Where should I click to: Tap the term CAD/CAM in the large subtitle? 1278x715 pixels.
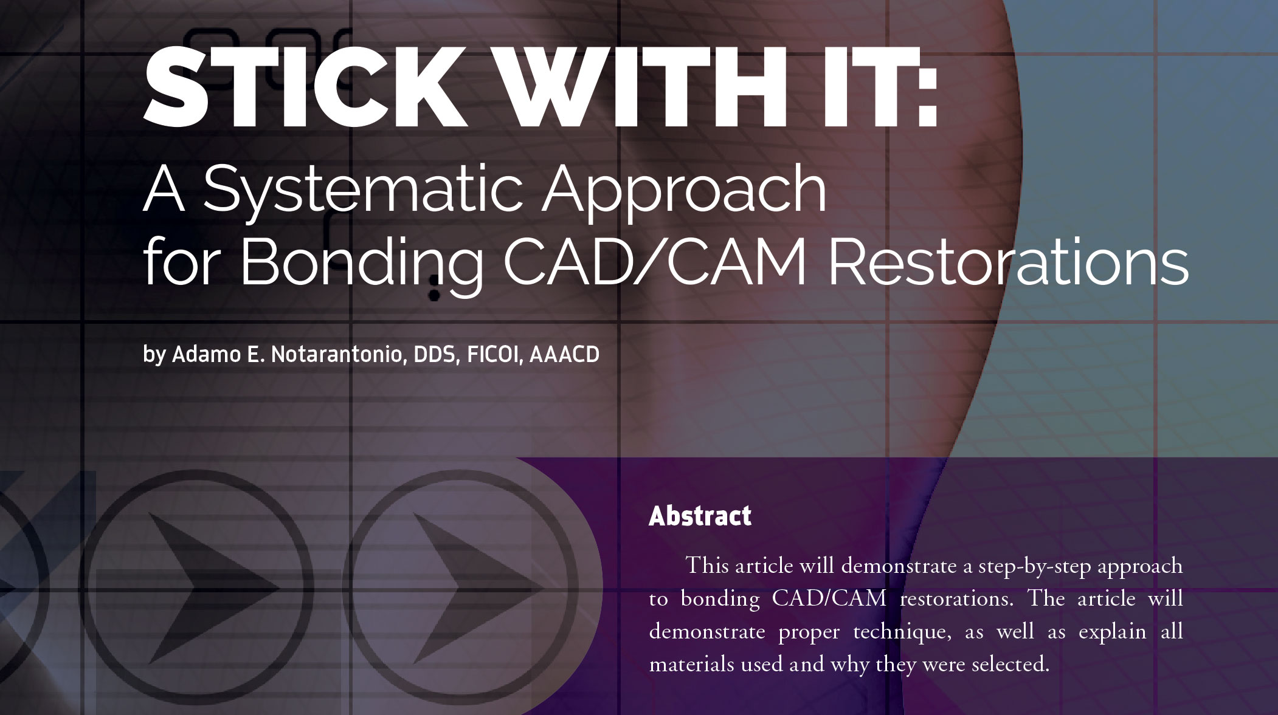pyautogui.click(x=655, y=262)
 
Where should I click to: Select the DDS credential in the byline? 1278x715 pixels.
pyautogui.click(x=436, y=355)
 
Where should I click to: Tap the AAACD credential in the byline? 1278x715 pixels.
pyautogui.click(x=565, y=354)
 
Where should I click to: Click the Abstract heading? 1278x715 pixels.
pyautogui.click(x=700, y=516)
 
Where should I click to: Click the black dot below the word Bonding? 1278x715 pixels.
pyautogui.click(x=434, y=295)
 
